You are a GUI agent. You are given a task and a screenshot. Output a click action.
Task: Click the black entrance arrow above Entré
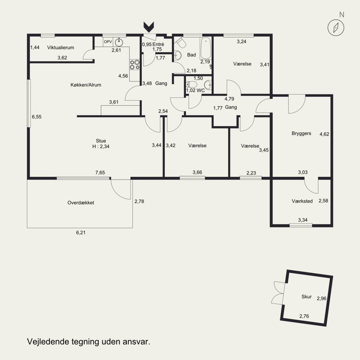click(x=149, y=27)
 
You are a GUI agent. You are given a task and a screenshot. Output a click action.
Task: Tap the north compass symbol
click(x=336, y=28)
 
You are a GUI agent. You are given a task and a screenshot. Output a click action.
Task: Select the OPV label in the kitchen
click(x=108, y=42)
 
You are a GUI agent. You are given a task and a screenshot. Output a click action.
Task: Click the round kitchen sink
click(x=119, y=42)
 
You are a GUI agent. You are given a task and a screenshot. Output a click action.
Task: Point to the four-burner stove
click(x=135, y=64)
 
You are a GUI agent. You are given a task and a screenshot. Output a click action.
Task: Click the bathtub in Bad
click(x=206, y=49)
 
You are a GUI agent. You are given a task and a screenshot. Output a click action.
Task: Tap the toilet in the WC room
click(x=192, y=84)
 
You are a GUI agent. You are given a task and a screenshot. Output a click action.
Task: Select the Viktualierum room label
click(x=61, y=48)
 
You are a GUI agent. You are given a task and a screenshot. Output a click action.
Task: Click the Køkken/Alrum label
click(x=86, y=85)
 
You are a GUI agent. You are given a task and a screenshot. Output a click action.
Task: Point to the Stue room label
click(x=101, y=141)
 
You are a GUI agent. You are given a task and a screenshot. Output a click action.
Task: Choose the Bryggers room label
click(x=301, y=133)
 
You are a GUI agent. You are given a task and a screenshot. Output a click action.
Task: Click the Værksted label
click(x=302, y=201)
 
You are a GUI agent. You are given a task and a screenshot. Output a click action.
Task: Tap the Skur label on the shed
click(x=306, y=297)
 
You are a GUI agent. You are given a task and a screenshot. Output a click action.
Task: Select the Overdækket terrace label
click(x=81, y=203)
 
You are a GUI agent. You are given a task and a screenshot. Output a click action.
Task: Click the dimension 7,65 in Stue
click(x=100, y=172)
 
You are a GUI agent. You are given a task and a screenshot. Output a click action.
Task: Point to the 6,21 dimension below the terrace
click(x=81, y=233)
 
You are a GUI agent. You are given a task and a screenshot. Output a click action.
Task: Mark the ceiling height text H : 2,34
click(x=101, y=147)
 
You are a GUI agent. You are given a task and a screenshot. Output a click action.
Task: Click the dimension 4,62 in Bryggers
click(x=324, y=134)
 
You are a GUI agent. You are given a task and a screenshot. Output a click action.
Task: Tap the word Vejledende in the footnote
click(x=48, y=342)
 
